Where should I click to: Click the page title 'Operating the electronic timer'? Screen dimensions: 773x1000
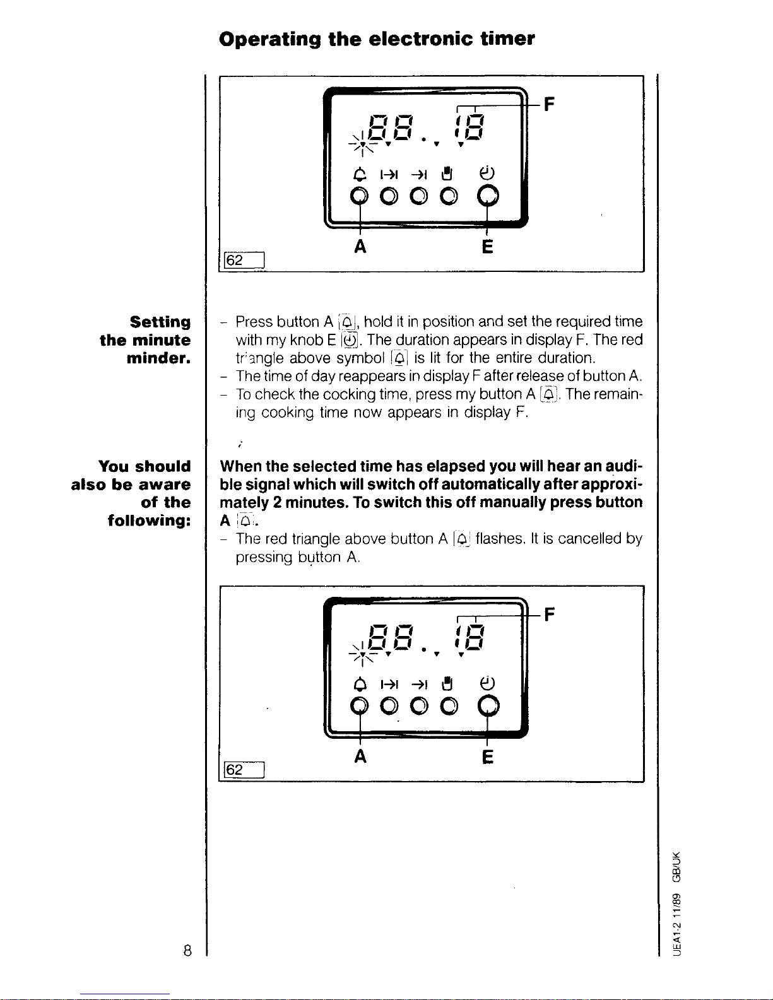[x=377, y=39]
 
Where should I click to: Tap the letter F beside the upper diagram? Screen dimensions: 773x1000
[x=550, y=104]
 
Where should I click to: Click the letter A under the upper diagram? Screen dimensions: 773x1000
[x=360, y=247]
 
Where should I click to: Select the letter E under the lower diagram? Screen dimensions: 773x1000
[x=487, y=756]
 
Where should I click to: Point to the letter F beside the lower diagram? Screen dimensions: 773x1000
[x=550, y=614]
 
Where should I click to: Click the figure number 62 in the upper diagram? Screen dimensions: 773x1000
[x=234, y=260]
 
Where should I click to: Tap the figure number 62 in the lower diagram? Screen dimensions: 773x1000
[x=234, y=770]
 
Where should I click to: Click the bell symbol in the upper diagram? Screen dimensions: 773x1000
[x=360, y=174]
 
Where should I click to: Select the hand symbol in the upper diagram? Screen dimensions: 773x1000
[x=446, y=174]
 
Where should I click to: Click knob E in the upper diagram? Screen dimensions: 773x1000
[x=488, y=196]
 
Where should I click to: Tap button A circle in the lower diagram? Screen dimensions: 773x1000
[x=359, y=705]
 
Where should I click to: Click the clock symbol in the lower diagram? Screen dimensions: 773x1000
[x=487, y=683]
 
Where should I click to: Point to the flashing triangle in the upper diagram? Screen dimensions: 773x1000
[x=363, y=144]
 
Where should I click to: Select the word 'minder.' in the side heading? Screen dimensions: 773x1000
[x=159, y=358]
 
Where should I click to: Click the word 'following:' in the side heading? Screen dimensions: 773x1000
[x=149, y=521]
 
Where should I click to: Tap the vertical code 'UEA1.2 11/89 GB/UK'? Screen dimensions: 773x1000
[x=676, y=904]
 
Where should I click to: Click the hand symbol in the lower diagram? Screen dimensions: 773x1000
[x=446, y=684]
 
